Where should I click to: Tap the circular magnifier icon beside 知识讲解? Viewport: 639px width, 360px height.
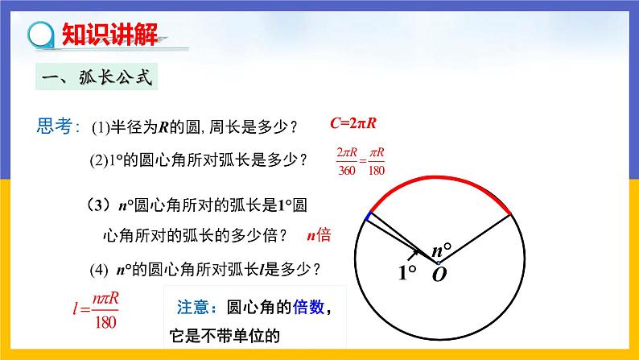pyautogui.click(x=39, y=35)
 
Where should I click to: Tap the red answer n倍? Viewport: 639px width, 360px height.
pyautogui.click(x=319, y=235)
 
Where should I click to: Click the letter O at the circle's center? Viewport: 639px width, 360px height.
pyautogui.click(x=439, y=275)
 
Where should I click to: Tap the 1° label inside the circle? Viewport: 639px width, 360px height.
pyautogui.click(x=407, y=272)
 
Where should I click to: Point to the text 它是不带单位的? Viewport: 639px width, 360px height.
pyautogui.click(x=227, y=336)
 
